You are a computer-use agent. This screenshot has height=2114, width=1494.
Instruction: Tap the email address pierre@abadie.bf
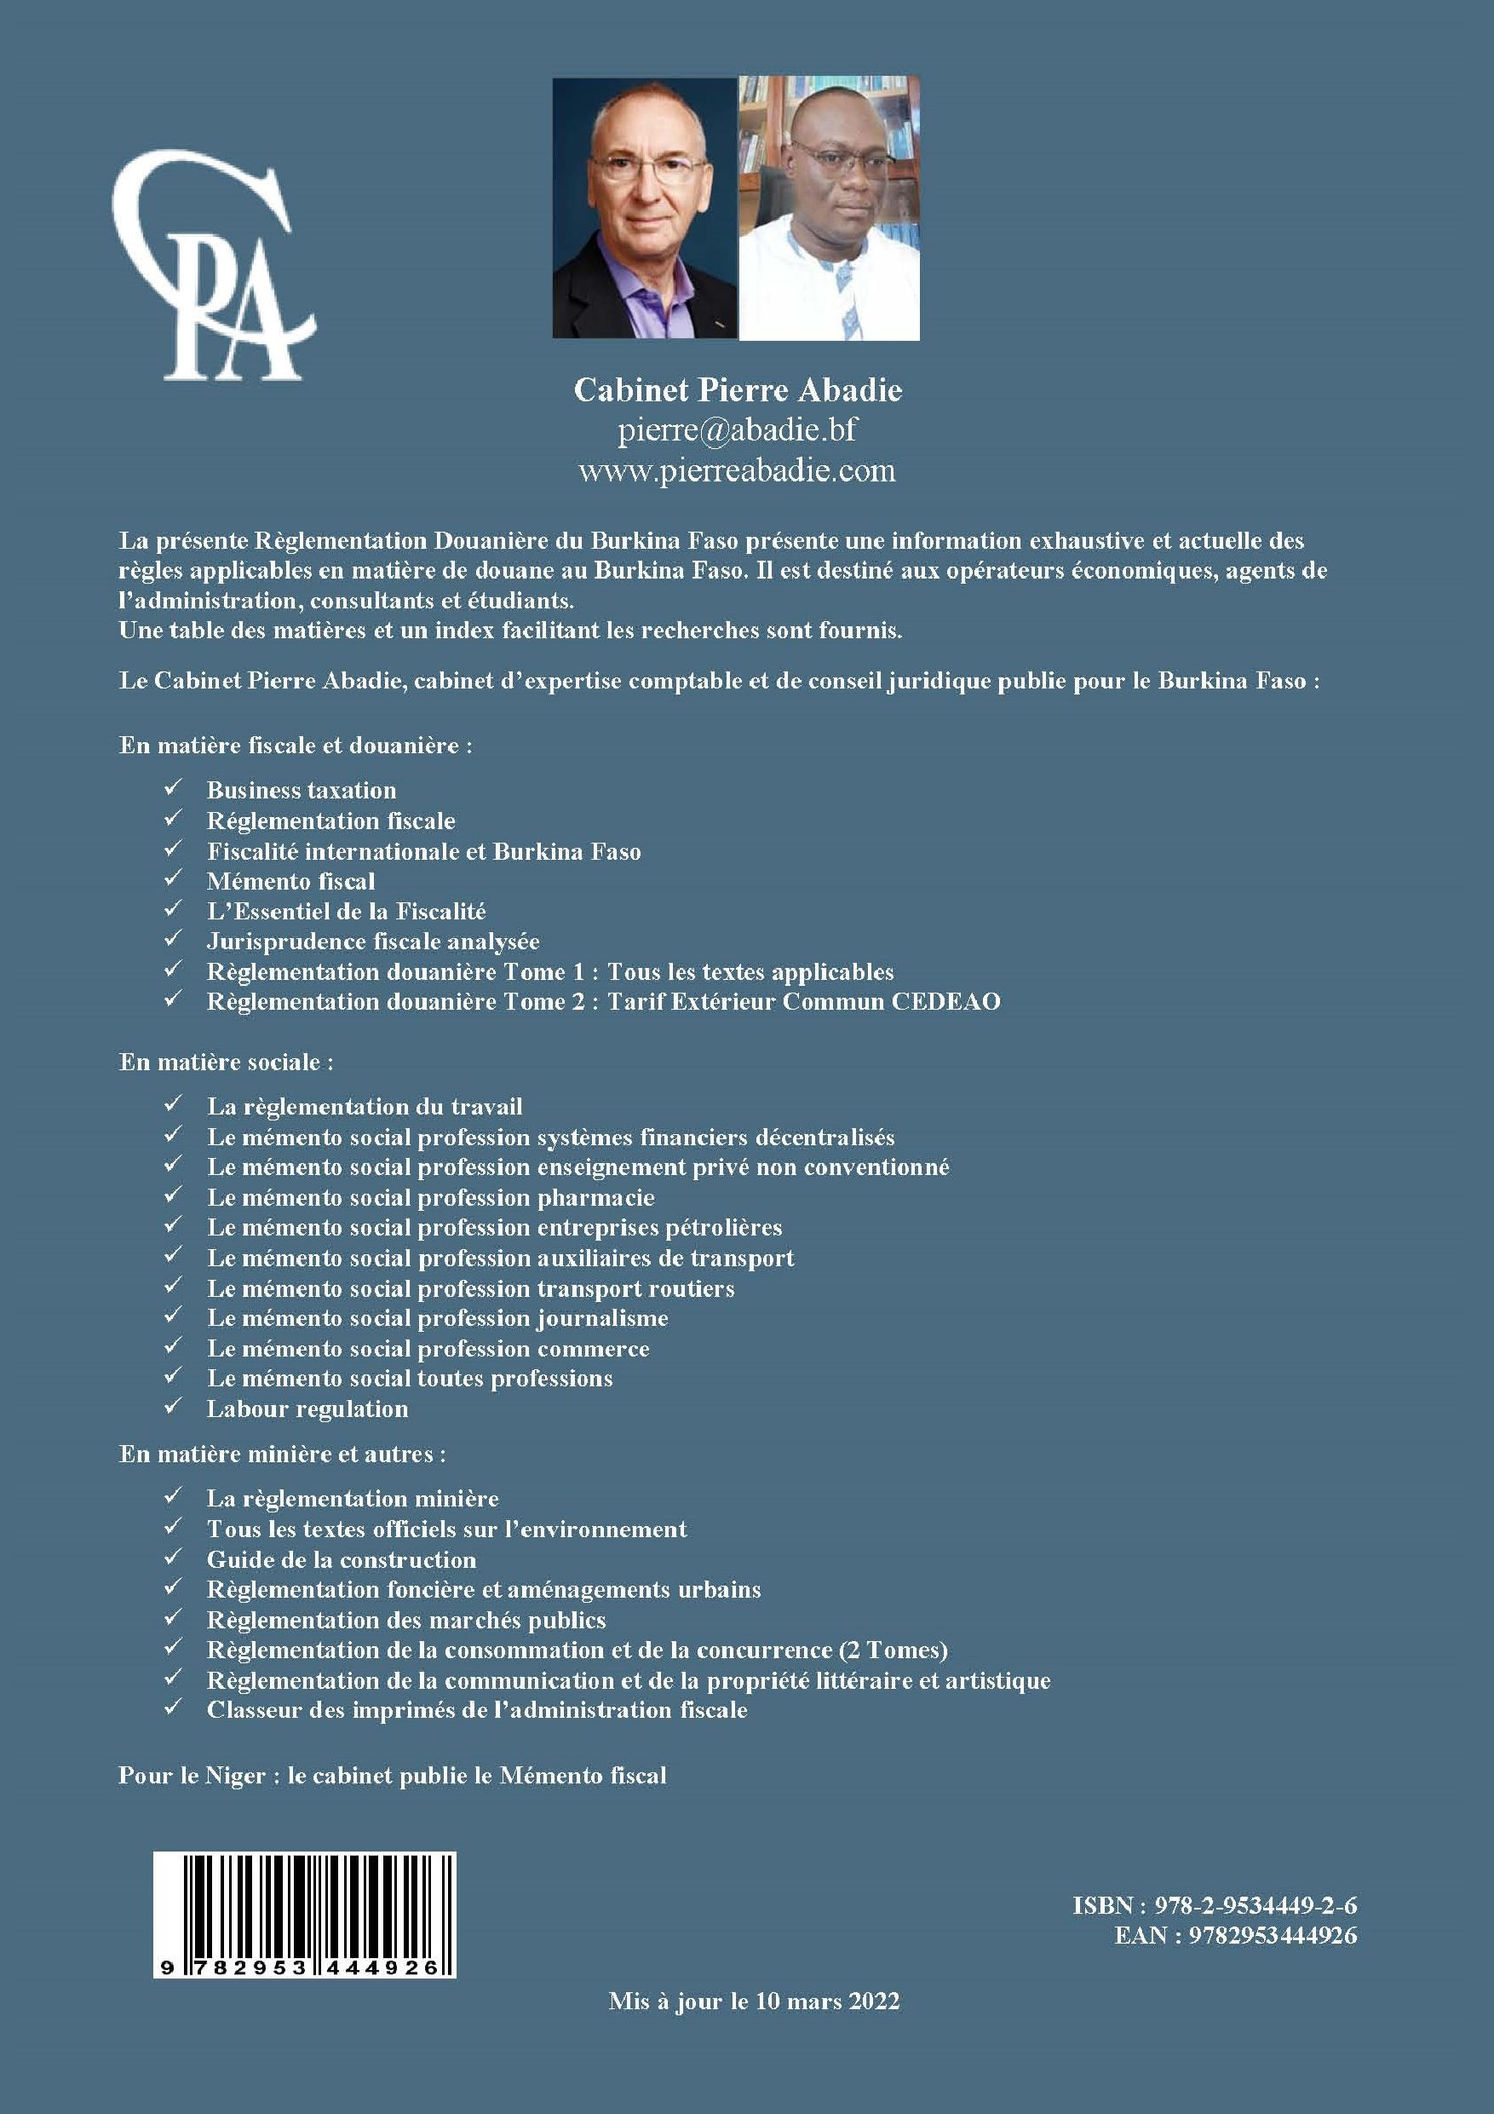click(738, 430)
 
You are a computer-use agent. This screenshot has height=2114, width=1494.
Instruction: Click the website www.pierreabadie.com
click(738, 470)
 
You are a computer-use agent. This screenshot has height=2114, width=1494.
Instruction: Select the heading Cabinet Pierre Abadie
click(738, 390)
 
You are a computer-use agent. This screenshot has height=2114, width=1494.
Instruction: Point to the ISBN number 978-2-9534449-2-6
click(1256, 1905)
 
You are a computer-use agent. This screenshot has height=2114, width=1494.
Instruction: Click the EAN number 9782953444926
click(1273, 1935)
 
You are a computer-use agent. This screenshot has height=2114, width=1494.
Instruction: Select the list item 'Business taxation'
click(301, 790)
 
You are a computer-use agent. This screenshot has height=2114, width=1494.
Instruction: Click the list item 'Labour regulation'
click(307, 1408)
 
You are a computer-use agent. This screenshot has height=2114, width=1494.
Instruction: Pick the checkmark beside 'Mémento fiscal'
click(172, 879)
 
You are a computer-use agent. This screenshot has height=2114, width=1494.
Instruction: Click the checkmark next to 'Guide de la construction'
click(172, 1558)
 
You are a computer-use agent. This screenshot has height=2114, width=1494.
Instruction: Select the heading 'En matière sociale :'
click(227, 1062)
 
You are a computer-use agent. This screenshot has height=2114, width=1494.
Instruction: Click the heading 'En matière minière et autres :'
click(283, 1454)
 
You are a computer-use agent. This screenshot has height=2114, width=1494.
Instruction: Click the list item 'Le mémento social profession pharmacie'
click(431, 1198)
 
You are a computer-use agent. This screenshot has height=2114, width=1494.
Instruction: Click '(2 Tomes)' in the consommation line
click(892, 1650)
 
